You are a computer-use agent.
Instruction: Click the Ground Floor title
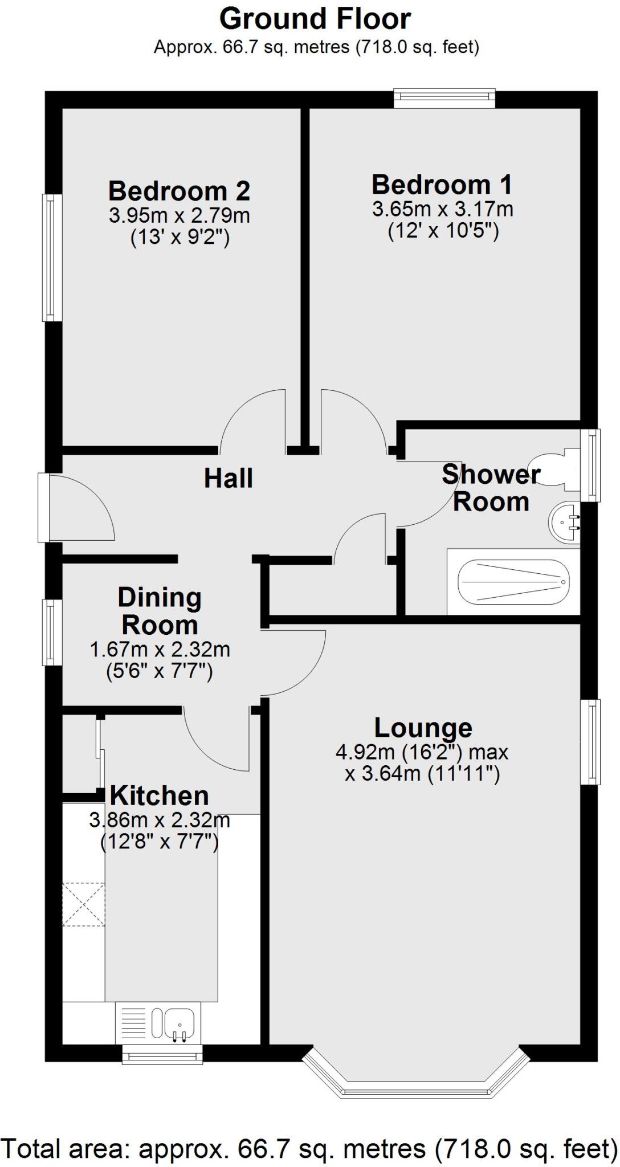(315, 19)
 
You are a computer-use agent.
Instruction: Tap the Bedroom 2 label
(179, 190)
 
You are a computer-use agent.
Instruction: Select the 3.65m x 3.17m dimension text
(443, 209)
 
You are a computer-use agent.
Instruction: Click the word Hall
(228, 478)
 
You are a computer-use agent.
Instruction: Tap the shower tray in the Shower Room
(513, 582)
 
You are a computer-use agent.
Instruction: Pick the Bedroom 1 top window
(444, 97)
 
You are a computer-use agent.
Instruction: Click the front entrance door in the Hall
(80, 507)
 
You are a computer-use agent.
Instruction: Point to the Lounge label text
(423, 728)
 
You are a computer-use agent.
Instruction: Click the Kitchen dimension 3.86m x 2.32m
(160, 821)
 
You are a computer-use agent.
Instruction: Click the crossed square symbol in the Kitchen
(83, 904)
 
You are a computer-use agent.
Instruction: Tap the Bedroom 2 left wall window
(52, 258)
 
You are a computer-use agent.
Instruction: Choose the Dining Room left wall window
(52, 632)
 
